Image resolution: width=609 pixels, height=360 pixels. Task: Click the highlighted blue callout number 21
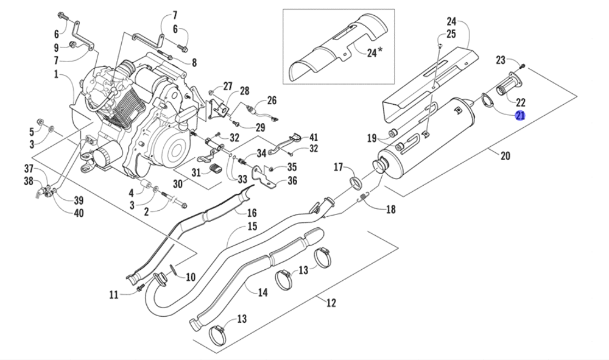click(x=521, y=116)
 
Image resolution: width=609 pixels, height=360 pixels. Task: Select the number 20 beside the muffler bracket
click(x=505, y=156)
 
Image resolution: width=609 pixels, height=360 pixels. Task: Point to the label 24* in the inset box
click(x=375, y=52)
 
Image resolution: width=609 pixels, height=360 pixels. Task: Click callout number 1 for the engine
click(x=55, y=75)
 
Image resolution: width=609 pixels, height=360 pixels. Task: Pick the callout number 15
click(x=252, y=227)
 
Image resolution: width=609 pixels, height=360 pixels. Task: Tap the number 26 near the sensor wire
click(x=272, y=100)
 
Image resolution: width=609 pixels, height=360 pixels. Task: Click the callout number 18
click(x=390, y=210)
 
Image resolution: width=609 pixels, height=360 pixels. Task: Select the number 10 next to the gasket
click(x=191, y=277)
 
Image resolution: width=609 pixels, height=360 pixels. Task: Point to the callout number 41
click(x=313, y=137)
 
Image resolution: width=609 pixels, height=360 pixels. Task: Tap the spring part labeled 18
click(x=363, y=196)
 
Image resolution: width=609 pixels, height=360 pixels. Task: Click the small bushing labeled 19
click(x=393, y=133)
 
